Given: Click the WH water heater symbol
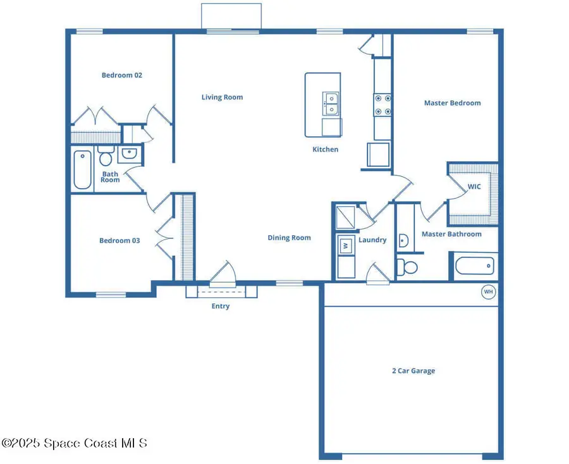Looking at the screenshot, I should tap(488, 292).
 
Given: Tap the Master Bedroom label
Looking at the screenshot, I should tap(452, 103).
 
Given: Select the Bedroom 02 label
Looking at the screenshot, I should tap(122, 75).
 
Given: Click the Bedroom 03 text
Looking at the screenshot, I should tap(119, 241).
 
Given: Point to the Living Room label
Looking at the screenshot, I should tap(222, 97).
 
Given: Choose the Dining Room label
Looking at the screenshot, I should tap(289, 238).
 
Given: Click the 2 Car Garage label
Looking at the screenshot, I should tap(413, 371).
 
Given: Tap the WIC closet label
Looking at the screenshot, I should tap(474, 187).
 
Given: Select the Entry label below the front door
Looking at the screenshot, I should tap(221, 307).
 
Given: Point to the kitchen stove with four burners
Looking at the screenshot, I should tap(382, 105).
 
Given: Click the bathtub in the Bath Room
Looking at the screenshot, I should tap(83, 169).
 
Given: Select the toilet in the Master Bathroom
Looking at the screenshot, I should tap(408, 267).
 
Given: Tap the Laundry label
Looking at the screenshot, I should tap(372, 240).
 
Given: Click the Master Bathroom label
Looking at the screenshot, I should tap(451, 235).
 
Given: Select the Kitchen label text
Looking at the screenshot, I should tap(326, 150).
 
